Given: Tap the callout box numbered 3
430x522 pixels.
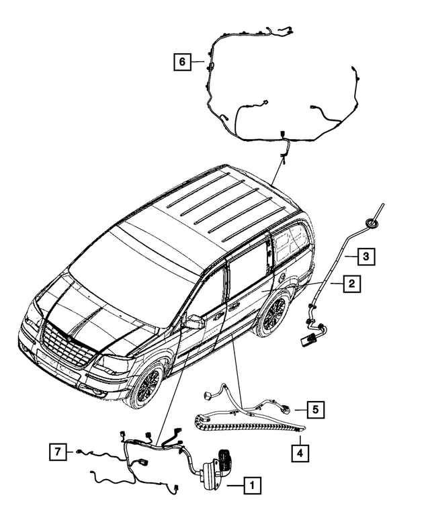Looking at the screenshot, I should tap(365, 256).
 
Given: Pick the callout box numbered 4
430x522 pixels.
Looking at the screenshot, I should tap(300, 453).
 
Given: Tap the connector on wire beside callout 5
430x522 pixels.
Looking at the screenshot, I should tap(285, 408).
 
